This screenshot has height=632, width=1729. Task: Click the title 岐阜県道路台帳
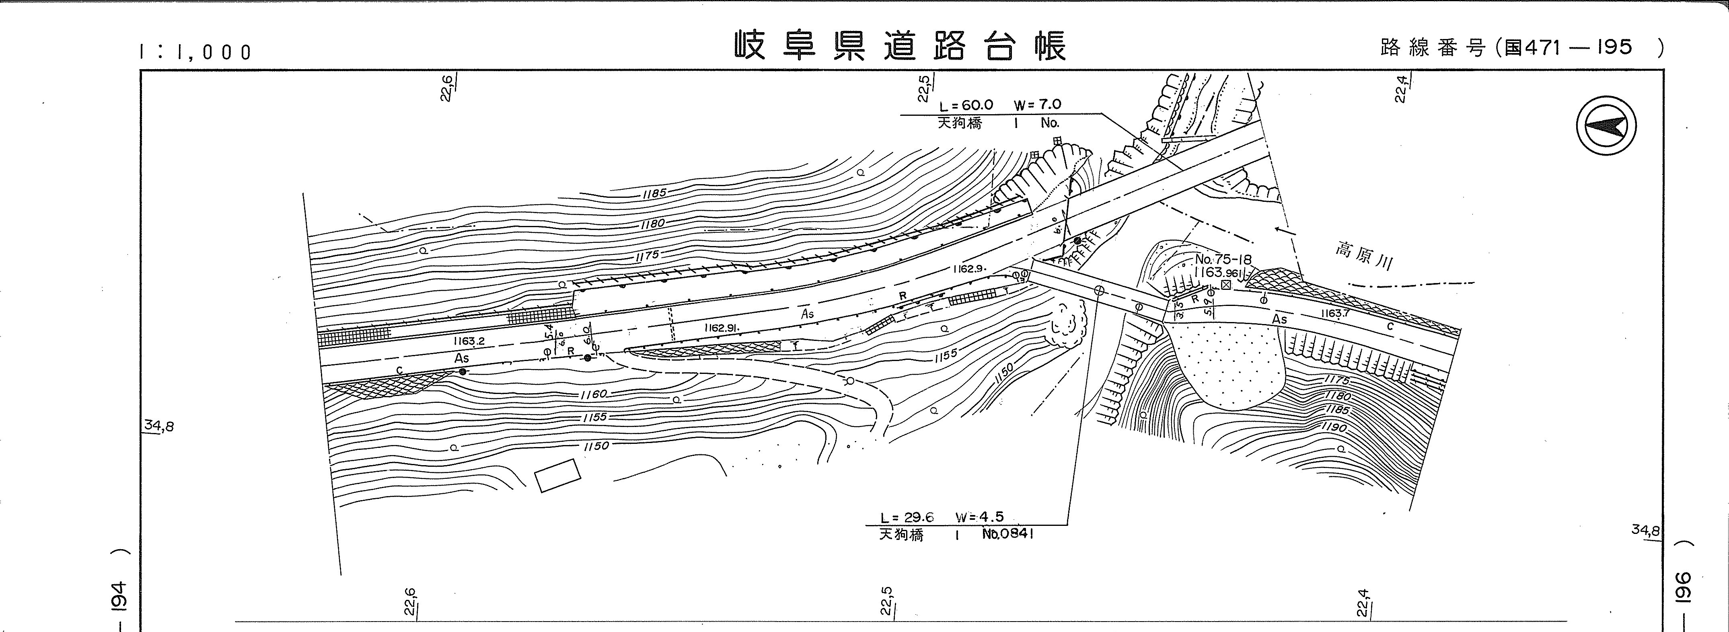coord(899,45)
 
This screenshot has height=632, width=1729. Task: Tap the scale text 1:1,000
coord(195,51)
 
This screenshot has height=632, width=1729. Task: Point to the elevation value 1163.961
coord(1218,273)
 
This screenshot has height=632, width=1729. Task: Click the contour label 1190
coord(1332,427)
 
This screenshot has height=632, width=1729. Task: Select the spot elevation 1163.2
coord(469,341)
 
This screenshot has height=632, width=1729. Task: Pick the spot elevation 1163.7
coord(1335,313)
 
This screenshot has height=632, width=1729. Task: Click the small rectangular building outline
coord(557,475)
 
